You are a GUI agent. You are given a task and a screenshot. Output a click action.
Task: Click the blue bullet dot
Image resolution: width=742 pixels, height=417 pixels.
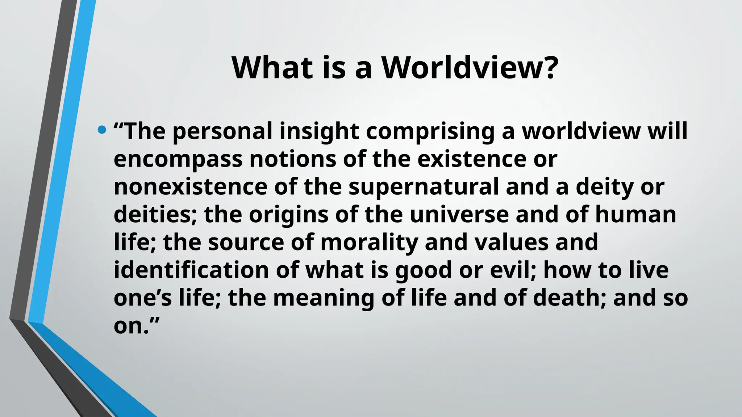[x=102, y=129]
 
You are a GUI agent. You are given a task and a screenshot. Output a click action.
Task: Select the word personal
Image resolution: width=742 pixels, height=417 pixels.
[x=222, y=131]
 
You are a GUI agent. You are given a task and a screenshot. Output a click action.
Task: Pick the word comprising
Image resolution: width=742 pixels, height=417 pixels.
[x=430, y=131]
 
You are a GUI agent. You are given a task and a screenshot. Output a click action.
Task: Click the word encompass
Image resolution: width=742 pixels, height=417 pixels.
[x=178, y=159]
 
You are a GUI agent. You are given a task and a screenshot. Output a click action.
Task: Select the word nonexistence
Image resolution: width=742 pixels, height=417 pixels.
[x=190, y=186]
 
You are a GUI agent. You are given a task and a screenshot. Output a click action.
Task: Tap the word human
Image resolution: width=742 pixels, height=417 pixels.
[x=635, y=214]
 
